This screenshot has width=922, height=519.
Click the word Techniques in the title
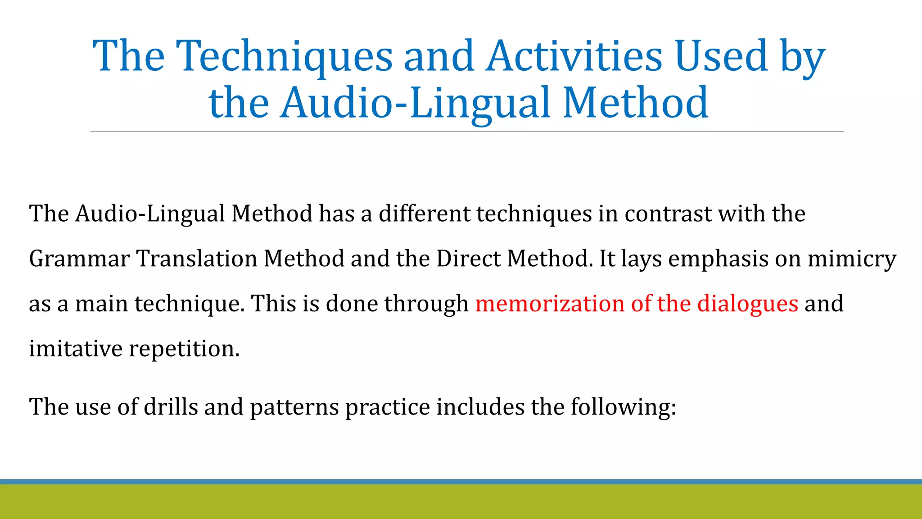285,56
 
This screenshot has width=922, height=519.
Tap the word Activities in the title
574,56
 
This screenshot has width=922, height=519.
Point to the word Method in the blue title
636,103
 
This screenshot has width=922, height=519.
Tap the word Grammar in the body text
79,259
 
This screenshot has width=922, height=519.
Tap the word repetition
184,349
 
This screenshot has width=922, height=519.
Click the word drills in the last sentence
171,407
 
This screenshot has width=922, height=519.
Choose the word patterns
294,407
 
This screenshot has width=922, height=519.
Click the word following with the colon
623,407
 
